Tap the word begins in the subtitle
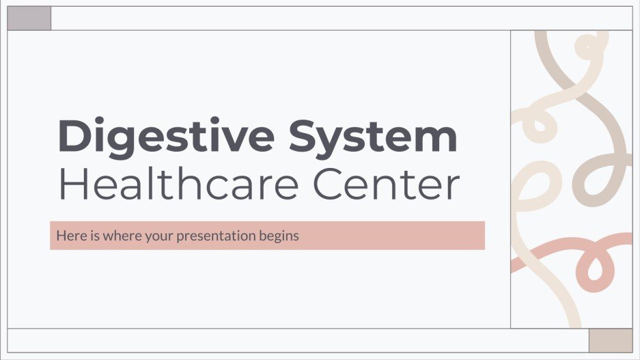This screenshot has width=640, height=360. click(x=282, y=236)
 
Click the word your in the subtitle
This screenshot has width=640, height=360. click(x=154, y=236)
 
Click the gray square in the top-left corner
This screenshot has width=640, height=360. click(x=29, y=18)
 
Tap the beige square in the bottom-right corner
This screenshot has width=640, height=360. click(x=611, y=340)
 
